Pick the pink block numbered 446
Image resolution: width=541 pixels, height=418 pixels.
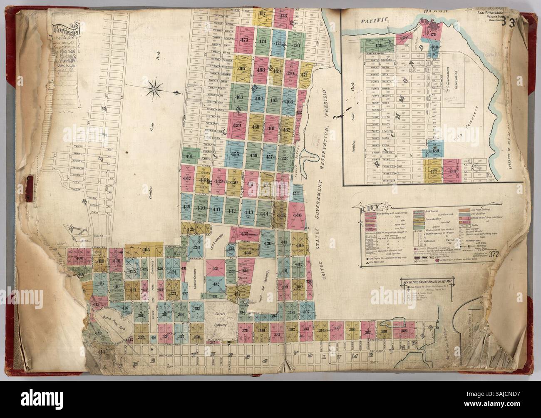coord(297,216)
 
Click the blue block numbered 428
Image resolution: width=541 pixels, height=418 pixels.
coord(196,249)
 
